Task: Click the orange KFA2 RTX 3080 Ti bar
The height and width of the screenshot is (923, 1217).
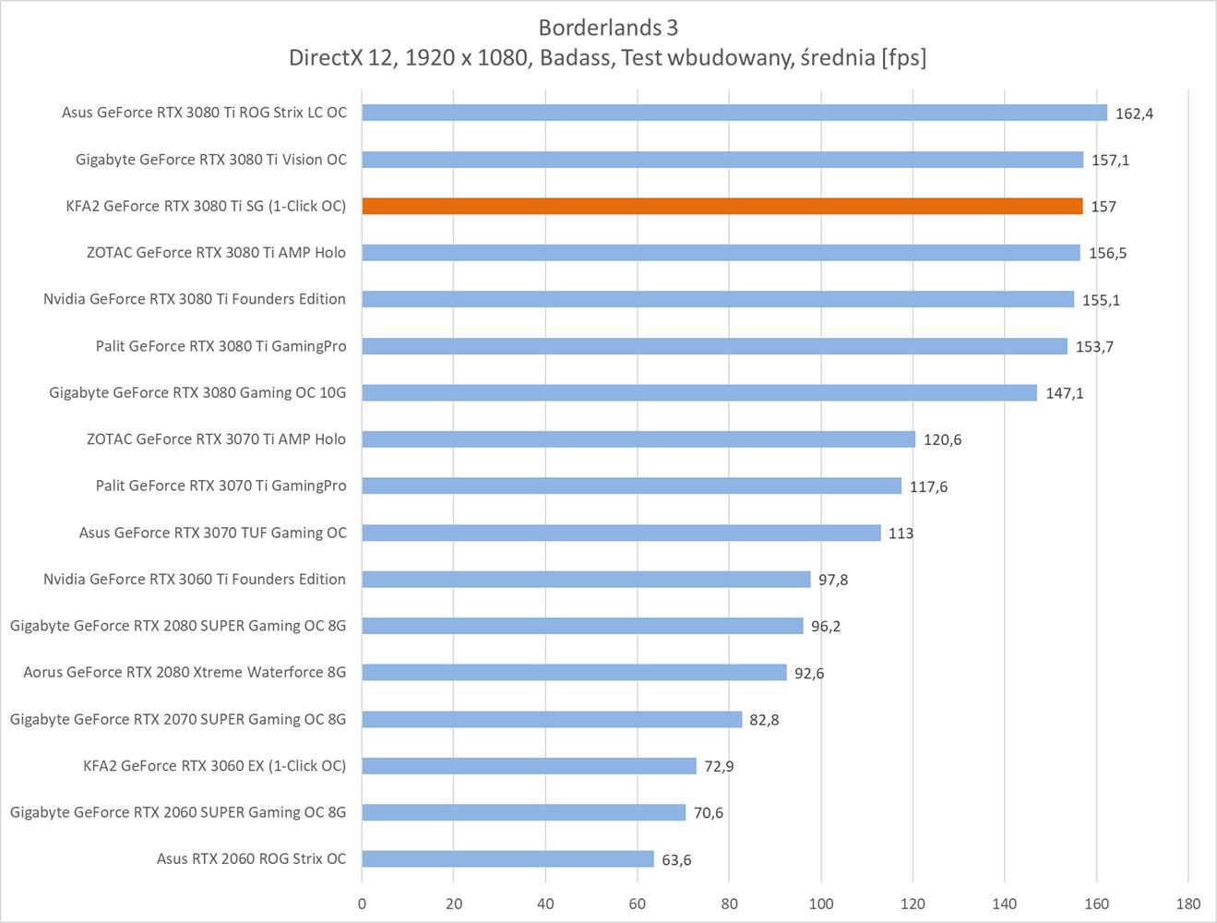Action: point(722,206)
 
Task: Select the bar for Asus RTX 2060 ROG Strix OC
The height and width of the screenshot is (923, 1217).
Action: point(507,858)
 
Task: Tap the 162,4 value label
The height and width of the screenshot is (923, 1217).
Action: point(1134,114)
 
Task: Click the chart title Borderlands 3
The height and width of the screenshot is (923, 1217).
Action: point(608,28)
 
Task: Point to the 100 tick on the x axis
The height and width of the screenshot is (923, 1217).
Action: point(821,904)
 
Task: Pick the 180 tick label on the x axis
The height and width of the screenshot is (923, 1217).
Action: point(1188,904)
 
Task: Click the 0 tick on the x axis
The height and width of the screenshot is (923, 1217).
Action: point(362,904)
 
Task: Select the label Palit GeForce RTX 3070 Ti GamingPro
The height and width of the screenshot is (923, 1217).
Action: point(221,485)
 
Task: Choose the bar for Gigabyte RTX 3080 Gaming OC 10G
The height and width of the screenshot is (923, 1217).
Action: point(698,392)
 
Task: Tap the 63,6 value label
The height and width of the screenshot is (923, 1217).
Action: point(676,859)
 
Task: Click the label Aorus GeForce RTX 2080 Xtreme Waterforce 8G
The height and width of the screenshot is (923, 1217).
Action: point(185,672)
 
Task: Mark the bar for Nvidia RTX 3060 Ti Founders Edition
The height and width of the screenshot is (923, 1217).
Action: point(586,579)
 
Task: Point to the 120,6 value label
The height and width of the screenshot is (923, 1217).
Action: point(942,439)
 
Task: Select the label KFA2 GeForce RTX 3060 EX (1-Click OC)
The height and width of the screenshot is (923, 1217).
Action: point(214,765)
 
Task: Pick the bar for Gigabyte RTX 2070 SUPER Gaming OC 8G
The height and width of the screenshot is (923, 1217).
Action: point(552,719)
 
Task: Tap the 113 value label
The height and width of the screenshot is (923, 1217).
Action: point(901,533)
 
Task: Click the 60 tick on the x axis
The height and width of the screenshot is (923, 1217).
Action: point(638,904)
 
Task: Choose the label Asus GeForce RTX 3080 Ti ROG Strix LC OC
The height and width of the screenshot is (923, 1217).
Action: point(204,113)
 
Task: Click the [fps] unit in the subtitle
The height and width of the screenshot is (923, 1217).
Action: point(903,58)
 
